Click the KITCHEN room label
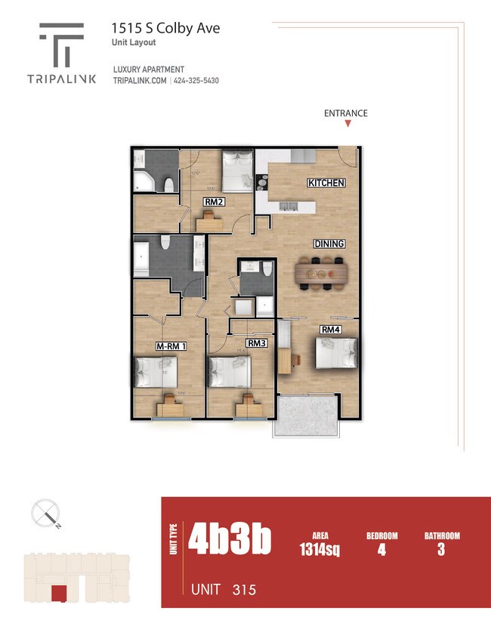326,183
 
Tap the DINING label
329,244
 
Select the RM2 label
213,202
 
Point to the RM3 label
257,343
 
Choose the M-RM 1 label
171,346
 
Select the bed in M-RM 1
156,373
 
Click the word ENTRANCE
346,113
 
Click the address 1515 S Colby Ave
165,28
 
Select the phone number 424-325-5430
196,81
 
